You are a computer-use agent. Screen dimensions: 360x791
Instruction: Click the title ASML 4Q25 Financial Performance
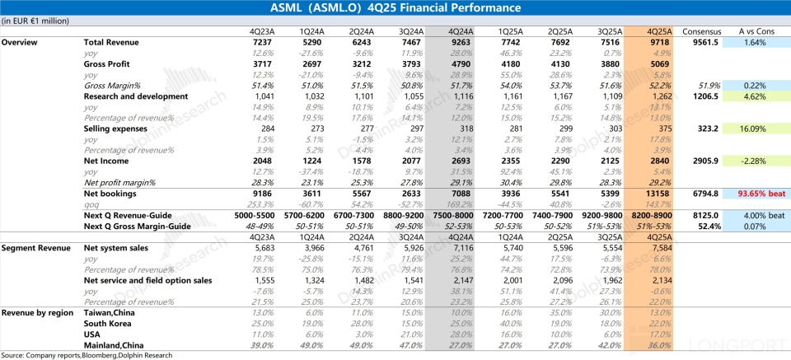tap(395, 8)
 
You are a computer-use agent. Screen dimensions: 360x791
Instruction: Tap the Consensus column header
tap(700, 31)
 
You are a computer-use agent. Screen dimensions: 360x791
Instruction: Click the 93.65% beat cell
tap(756, 194)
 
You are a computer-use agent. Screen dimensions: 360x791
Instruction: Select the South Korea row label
tap(110, 323)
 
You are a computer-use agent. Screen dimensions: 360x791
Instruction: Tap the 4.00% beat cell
tap(756, 215)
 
